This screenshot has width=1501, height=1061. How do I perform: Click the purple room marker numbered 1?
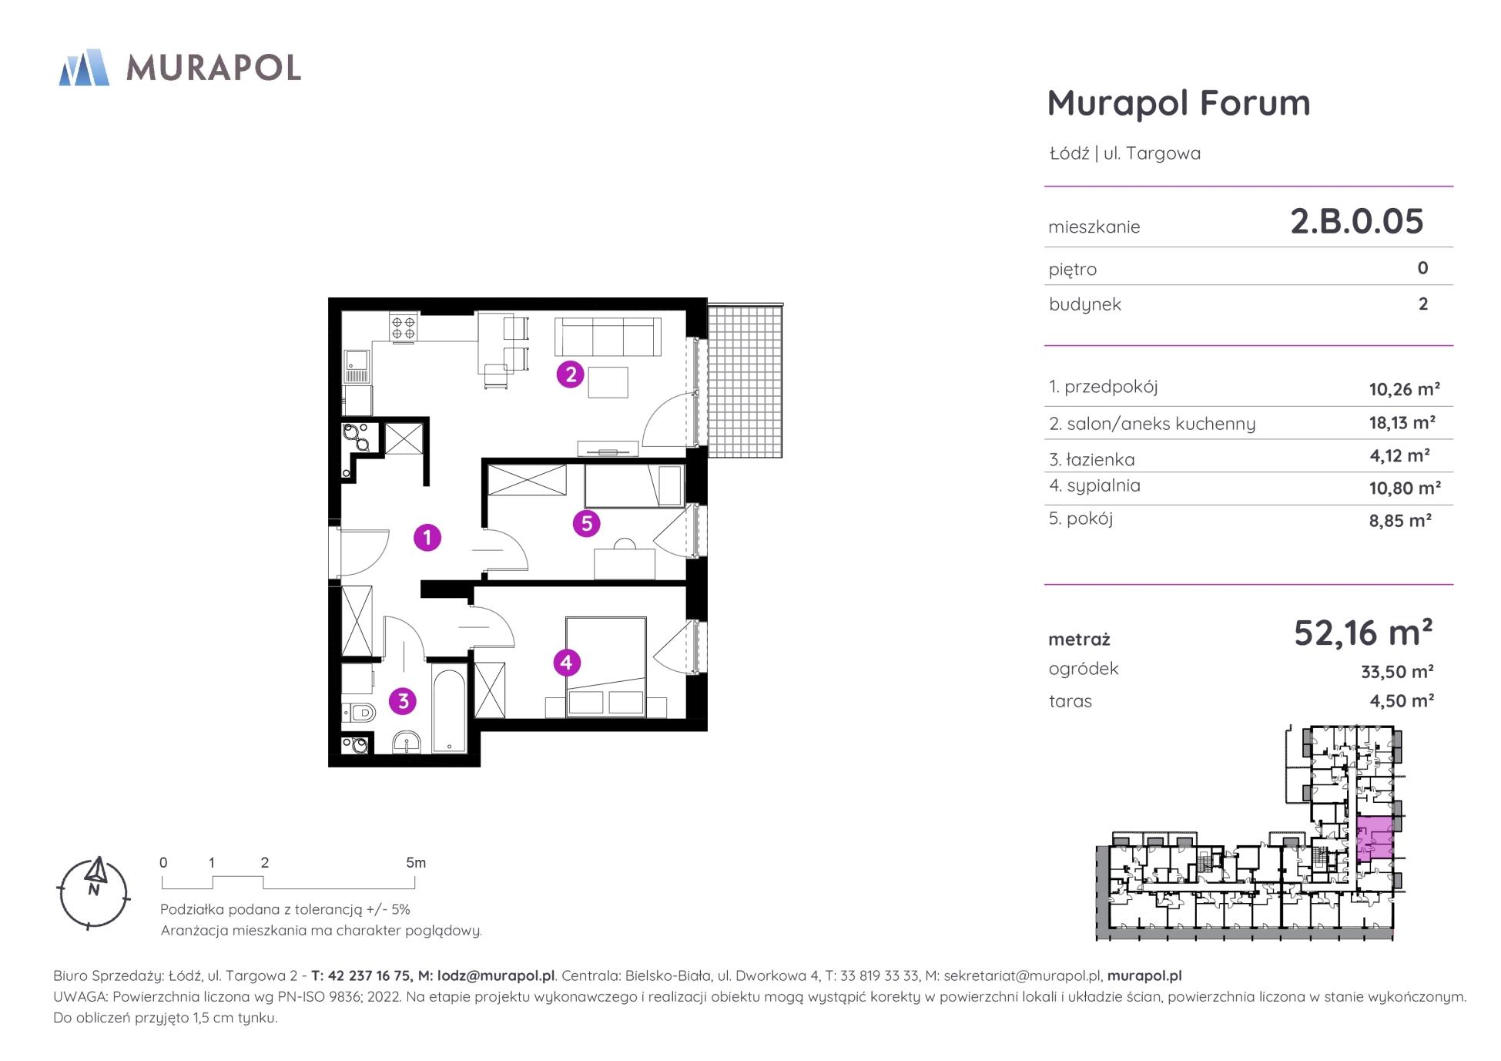427,537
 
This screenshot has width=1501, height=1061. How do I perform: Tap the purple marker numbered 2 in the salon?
571,374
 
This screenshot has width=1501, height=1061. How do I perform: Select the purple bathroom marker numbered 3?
403,701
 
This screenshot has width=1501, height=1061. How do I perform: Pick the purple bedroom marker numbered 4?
567,662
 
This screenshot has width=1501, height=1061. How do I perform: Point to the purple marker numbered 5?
587,524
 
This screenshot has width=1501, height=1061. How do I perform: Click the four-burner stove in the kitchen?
404,327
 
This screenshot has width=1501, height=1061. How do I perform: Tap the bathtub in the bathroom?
449,711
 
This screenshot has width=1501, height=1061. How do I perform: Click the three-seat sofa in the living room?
608,337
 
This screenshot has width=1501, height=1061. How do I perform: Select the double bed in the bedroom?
606,667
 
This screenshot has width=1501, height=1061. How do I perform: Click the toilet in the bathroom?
358,713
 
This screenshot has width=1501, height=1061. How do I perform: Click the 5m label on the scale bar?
416,863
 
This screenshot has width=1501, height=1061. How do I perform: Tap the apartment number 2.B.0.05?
1357,221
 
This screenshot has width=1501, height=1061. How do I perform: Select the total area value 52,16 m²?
1363,633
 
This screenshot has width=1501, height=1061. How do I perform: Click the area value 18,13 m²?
1402,423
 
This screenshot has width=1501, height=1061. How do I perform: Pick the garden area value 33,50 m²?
1397,672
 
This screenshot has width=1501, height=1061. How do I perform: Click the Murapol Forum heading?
1178,103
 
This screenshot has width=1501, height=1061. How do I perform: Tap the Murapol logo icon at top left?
84,67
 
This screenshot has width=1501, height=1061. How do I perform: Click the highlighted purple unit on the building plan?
1375,838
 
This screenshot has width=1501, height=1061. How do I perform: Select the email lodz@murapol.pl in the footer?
496,976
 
